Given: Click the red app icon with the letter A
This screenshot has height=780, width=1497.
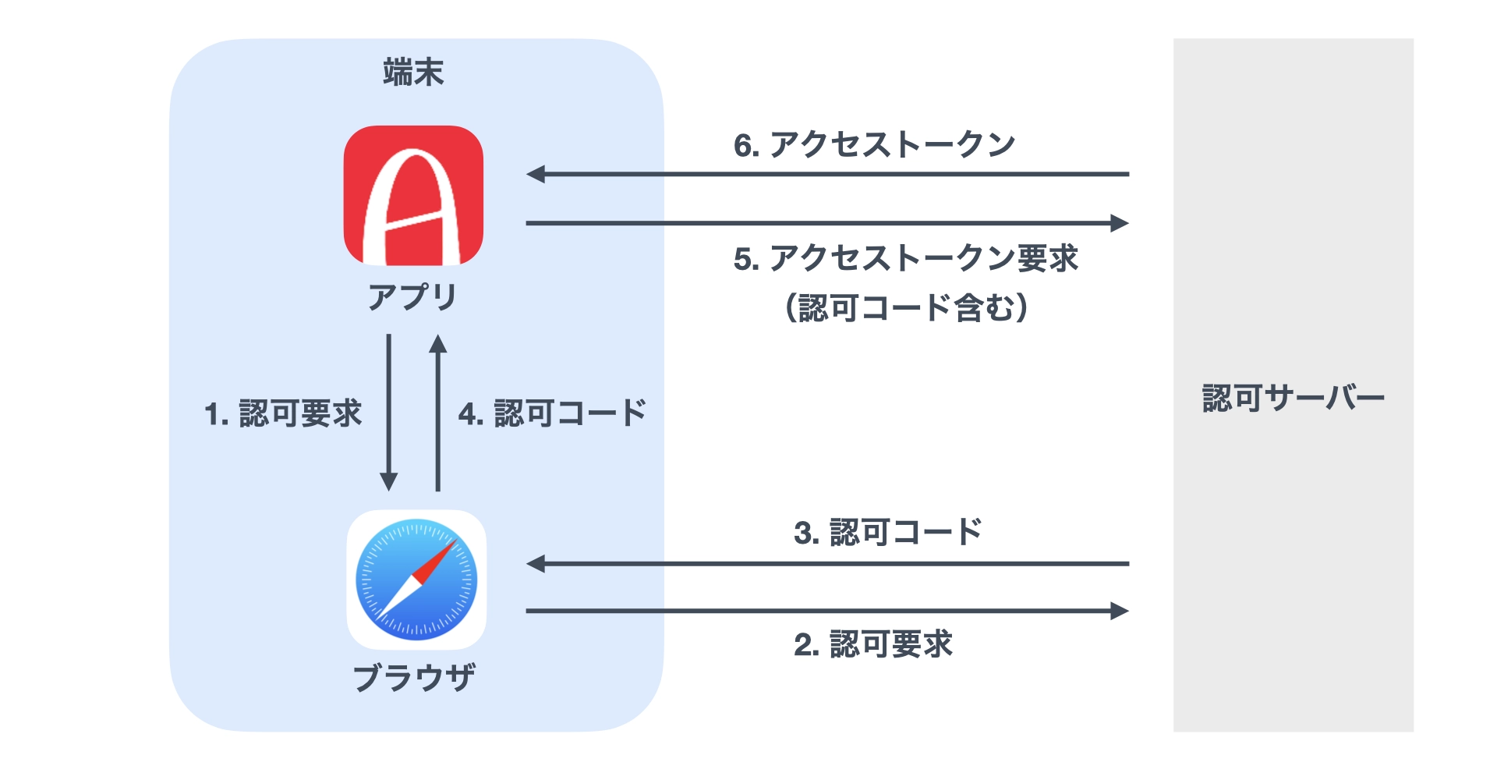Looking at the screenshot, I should tap(413, 195).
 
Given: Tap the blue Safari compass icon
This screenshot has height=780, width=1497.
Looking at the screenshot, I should tap(416, 580).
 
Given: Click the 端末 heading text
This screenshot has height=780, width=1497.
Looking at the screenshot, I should tap(413, 73).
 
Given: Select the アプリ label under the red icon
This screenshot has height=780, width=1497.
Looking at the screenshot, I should tap(413, 297).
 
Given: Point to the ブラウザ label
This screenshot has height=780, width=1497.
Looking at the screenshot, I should tap(414, 677).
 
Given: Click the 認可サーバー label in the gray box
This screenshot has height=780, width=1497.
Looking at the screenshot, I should tap(1293, 399).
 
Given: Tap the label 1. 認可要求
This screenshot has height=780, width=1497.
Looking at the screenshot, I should tap(283, 413).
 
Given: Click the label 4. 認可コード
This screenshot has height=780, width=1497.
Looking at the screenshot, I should tap(552, 413).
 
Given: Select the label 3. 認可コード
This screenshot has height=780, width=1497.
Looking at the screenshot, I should tap(887, 533).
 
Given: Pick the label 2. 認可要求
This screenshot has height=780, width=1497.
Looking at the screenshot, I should tap(873, 645).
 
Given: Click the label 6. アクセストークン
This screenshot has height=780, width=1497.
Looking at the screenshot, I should tap(874, 145).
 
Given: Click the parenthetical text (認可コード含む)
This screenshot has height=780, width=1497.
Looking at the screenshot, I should tap(906, 307).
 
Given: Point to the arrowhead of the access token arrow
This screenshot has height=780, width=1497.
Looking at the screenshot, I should tap(536, 174).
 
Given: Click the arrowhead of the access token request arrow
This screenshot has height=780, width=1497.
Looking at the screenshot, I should tap(1120, 223).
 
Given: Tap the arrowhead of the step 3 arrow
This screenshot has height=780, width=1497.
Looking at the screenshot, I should tap(536, 563).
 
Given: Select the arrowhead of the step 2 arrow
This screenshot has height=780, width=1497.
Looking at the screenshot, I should tap(1120, 611).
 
